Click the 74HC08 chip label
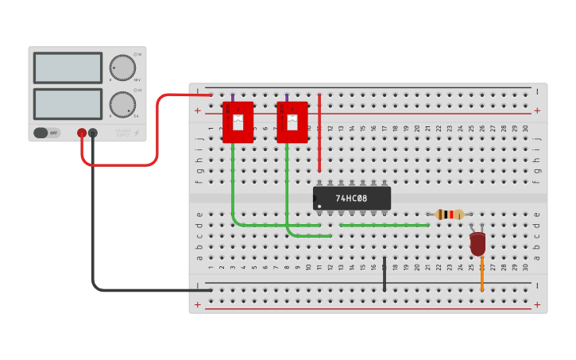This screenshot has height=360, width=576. (x=351, y=198)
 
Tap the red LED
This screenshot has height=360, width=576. (x=477, y=243)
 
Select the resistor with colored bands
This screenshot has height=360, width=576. (x=450, y=214)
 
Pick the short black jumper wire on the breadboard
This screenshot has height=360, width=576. (x=385, y=273)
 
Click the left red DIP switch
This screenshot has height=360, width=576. (x=238, y=122)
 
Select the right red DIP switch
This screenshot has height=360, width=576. (x=292, y=122)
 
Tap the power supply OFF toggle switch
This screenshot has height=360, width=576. (x=46, y=133)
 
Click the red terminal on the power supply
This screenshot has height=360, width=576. (x=82, y=133)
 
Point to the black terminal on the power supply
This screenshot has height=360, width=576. (x=93, y=133)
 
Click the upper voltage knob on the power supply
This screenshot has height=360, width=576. (x=122, y=68)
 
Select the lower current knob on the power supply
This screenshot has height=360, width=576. (x=122, y=104)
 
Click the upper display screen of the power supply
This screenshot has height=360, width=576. (x=68, y=68)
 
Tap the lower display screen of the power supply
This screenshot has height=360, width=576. (x=68, y=103)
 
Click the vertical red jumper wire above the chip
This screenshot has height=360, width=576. (x=319, y=132)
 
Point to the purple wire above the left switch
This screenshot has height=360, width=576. (x=233, y=98)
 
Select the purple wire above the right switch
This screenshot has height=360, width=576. (x=287, y=98)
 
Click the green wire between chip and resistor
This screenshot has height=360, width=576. (x=384, y=225)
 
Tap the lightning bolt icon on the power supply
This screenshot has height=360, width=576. (x=136, y=133)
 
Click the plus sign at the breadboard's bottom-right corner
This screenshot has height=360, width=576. (x=537, y=304)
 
